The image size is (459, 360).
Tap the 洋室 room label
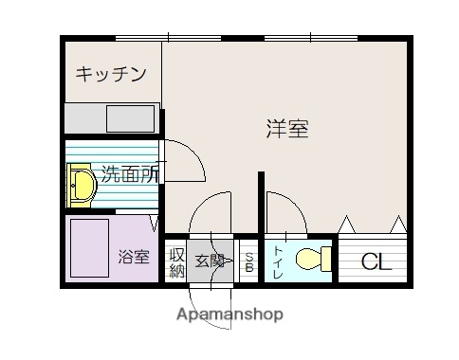tap(286, 130)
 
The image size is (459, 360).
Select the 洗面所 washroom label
tap(130, 173)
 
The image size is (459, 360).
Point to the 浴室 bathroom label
tap(133, 256)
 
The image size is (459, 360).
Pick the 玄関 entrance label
tap(210, 261)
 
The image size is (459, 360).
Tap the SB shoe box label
tap(249, 261)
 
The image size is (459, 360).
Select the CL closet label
tap(376, 262)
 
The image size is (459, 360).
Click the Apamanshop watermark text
tap(229, 314)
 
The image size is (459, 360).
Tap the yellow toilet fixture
tap(312, 259)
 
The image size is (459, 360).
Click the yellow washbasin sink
tap(81, 185)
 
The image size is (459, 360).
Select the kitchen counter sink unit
tap(112, 119)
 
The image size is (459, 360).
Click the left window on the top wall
tap(169, 38)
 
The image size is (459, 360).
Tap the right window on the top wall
tap(310, 38)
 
